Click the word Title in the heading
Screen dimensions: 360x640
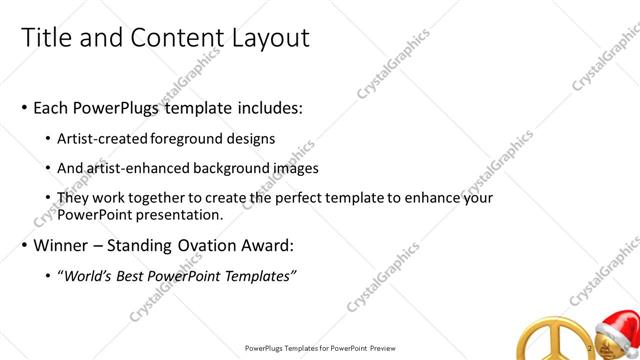[43, 38]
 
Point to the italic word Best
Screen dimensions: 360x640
[137, 275]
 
